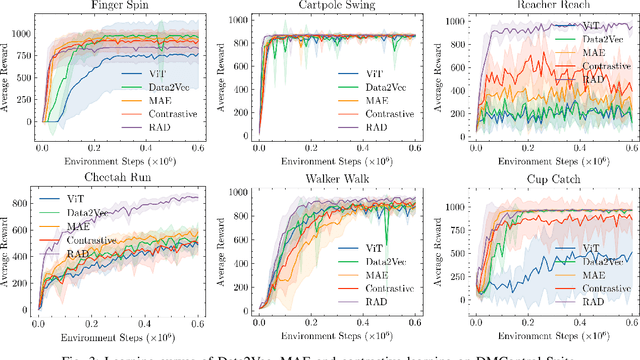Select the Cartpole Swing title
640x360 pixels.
coord(324,6)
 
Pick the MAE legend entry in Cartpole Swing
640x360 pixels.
coord(373,100)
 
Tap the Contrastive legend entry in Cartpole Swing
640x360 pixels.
coord(385,114)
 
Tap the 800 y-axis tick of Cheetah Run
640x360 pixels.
coord(19,203)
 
